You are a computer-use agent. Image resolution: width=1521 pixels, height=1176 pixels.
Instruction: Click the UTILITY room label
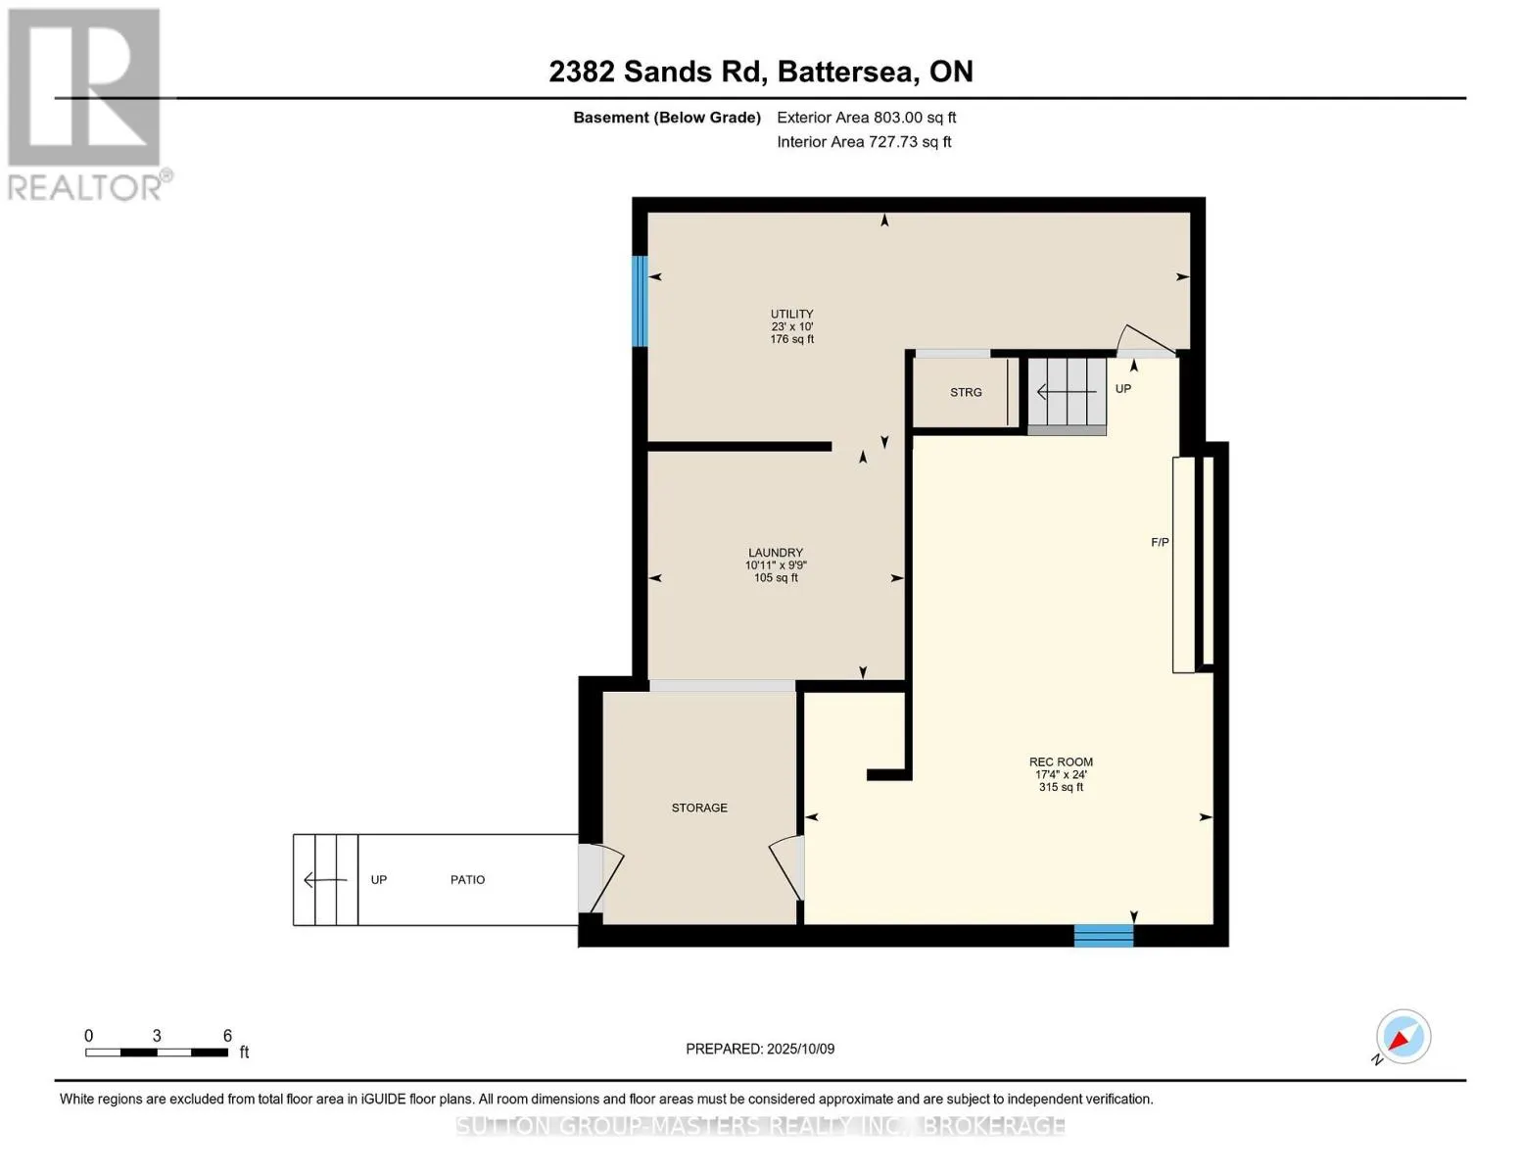tap(791, 315)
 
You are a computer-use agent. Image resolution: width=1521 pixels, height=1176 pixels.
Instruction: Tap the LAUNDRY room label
tap(776, 553)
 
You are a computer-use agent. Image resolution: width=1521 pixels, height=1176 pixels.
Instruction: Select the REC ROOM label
tap(1061, 761)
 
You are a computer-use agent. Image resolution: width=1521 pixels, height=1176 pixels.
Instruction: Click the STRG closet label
tap(966, 392)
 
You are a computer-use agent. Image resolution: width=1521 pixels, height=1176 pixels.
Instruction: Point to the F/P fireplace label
tap(1160, 542)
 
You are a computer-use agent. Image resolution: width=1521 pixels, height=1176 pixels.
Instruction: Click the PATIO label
tap(467, 880)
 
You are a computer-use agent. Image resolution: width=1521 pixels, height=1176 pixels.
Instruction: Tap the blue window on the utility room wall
tap(640, 301)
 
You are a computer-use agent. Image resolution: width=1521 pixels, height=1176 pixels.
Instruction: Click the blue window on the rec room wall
tap(1104, 936)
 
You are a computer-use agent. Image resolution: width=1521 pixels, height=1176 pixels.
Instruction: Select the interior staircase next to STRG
tap(1067, 394)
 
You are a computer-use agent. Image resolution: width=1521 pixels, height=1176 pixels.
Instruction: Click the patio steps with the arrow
tap(326, 880)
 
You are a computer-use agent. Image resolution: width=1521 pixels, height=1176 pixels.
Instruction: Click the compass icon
tap(1402, 1037)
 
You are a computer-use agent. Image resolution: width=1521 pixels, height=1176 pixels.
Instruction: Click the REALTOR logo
tap(86, 103)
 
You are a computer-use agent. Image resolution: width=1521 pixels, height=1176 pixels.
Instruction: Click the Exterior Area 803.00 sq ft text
tap(866, 118)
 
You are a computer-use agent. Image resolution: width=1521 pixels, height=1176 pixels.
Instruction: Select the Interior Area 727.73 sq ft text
tap(864, 142)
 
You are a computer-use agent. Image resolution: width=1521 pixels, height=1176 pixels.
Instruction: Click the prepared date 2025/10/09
tap(760, 1049)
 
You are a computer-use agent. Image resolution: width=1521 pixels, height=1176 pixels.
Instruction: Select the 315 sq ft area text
tap(1061, 787)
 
